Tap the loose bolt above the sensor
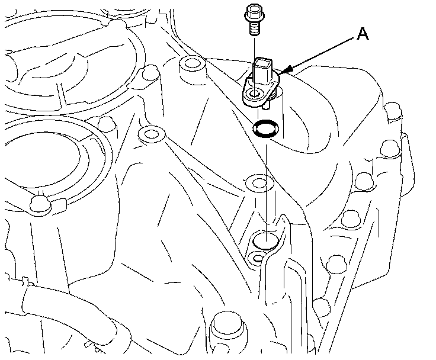point(252,20)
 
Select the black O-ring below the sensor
point(263,128)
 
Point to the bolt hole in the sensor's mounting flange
point(255,94)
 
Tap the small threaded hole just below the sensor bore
point(255,258)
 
